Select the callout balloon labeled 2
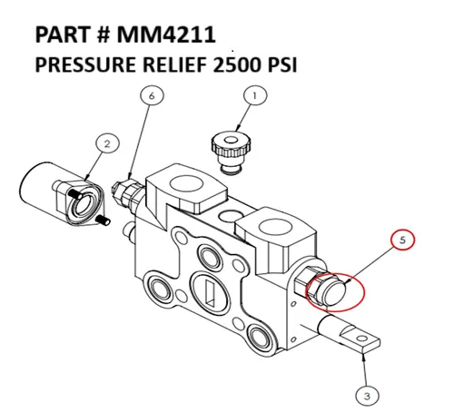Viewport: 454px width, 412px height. (106, 143)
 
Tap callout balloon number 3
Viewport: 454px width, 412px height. (365, 395)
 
